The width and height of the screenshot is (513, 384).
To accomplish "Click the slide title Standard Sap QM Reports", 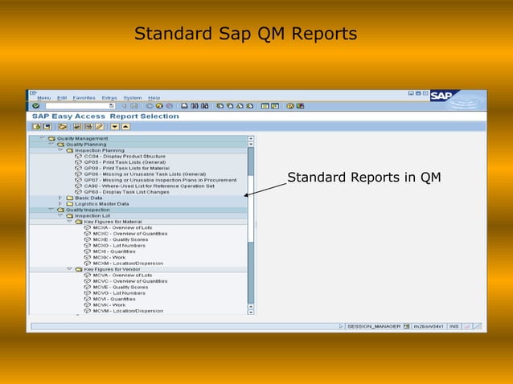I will click(245, 35).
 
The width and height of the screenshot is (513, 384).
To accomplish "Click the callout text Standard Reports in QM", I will click(363, 177).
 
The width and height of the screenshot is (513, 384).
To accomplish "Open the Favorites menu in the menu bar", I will click(84, 98).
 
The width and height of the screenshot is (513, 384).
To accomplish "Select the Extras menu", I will click(109, 98).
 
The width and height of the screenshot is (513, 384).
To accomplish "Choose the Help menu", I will click(154, 98).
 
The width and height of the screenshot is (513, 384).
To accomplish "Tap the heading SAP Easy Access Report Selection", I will click(105, 116).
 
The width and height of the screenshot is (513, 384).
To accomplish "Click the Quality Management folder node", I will click(81, 138).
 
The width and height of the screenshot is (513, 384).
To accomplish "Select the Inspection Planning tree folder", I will click(100, 150).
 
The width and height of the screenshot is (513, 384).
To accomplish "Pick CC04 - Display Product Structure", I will click(125, 156).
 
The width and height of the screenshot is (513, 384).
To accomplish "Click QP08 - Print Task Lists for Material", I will click(126, 168).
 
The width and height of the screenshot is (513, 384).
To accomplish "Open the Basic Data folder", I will click(88, 198).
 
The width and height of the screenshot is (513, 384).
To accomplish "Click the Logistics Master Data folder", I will click(101, 204).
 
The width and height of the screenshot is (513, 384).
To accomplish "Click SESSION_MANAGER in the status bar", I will click(373, 326).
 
